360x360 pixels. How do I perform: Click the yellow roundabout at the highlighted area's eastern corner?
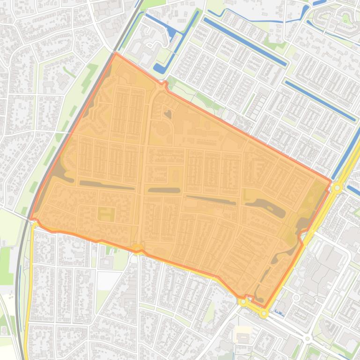coord(337,187)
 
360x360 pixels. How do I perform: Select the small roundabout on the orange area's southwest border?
coord(137,247)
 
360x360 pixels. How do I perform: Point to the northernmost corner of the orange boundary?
coord(117,53)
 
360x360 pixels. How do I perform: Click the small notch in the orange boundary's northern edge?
coord(164,84)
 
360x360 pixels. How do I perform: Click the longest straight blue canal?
coord(243,42)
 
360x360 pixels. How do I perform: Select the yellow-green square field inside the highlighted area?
coord(106,214)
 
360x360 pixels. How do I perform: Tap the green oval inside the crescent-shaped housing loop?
coord(346,18)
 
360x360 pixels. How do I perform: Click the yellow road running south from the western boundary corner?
coord(28,290)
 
